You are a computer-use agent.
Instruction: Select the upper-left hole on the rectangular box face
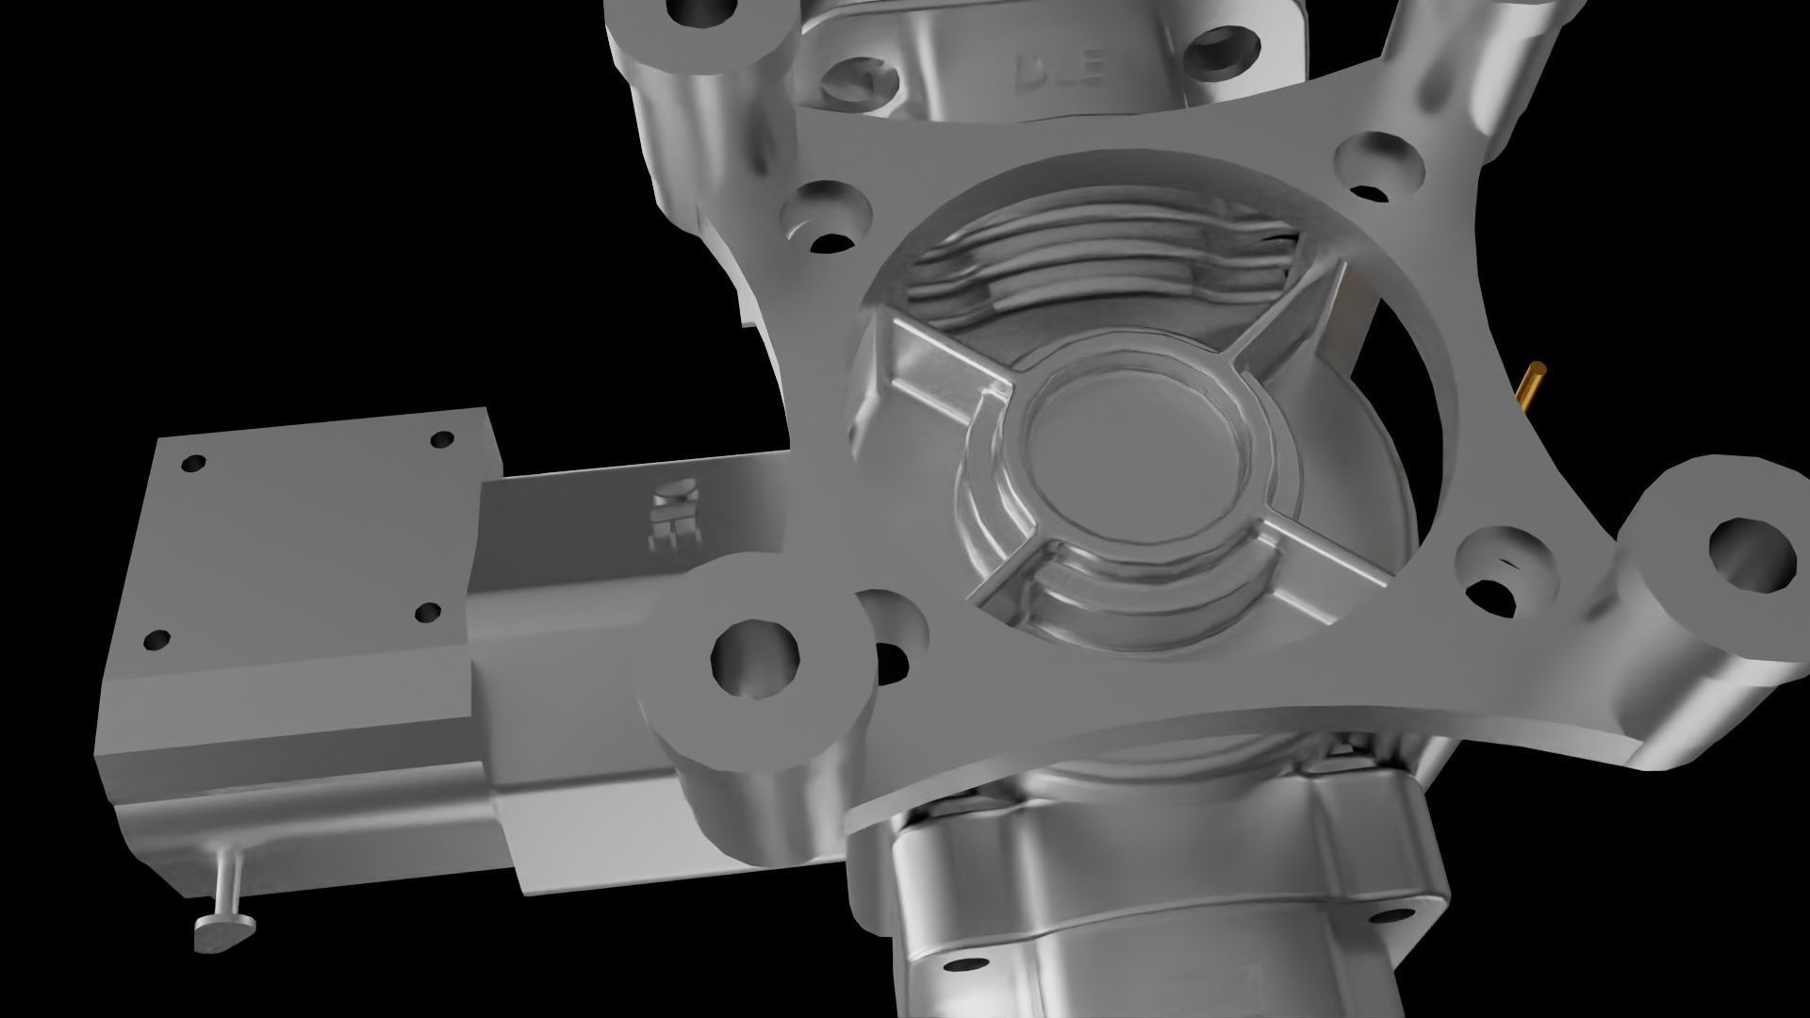pyautogui.click(x=193, y=464)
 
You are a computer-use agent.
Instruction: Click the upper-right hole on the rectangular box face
pyautogui.click(x=440, y=439)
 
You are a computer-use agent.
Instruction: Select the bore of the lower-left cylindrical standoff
pyautogui.click(x=754, y=658)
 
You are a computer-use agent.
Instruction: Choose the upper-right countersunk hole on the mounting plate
pyautogui.click(x=1380, y=170)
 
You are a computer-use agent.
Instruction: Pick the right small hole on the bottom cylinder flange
pyautogui.click(x=1390, y=916)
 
